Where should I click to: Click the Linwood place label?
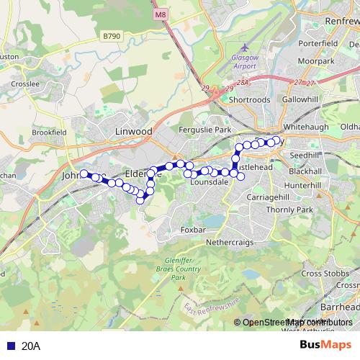tap(134, 132)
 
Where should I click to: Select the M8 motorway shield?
tap(160, 14)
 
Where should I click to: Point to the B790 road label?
tap(111, 36)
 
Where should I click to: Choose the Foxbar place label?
tap(193, 230)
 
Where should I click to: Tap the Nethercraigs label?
tap(230, 243)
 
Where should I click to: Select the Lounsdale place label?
tap(209, 183)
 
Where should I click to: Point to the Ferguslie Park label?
tap(207, 130)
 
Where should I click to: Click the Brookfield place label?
tap(48, 132)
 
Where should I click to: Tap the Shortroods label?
tap(249, 100)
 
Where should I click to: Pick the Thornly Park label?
tap(289, 210)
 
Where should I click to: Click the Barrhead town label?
tap(339, 307)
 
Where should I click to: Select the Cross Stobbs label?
tap(320, 274)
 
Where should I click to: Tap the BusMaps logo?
tap(322, 345)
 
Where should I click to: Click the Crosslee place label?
tap(24, 84)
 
